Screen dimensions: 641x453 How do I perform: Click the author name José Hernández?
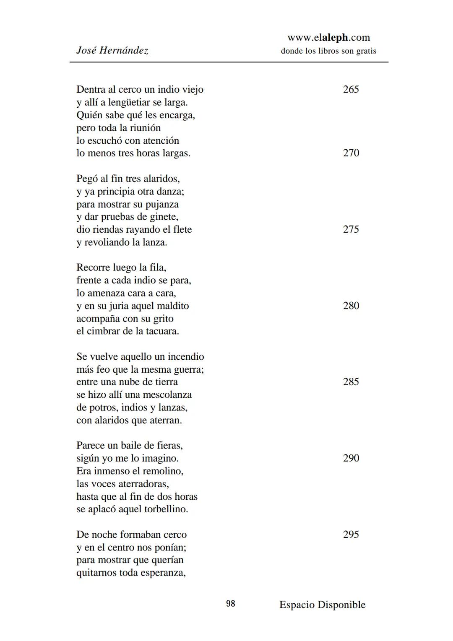(x=112, y=51)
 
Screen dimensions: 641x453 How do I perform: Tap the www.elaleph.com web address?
(x=328, y=38)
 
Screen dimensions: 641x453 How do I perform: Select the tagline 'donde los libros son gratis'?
(x=328, y=51)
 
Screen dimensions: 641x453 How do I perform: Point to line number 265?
(x=351, y=89)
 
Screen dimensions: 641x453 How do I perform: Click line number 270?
(x=351, y=153)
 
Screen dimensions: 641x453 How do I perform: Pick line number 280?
(x=351, y=306)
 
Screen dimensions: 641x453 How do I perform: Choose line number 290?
(x=351, y=458)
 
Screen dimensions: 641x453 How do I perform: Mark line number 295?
(x=351, y=535)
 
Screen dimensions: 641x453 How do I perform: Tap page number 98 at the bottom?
(x=231, y=604)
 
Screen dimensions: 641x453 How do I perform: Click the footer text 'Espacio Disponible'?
(x=322, y=605)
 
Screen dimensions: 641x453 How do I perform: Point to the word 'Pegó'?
(x=87, y=179)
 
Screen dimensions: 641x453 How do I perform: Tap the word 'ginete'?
(x=164, y=217)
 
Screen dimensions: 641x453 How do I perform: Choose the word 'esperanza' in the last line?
(x=163, y=573)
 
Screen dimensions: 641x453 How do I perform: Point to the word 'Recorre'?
(x=93, y=267)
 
